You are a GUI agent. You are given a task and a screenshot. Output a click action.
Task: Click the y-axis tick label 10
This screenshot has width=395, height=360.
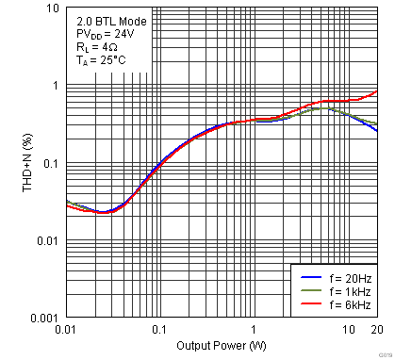tap(52, 8)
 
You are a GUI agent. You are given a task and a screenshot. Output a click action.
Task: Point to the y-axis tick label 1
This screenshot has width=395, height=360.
tap(56, 86)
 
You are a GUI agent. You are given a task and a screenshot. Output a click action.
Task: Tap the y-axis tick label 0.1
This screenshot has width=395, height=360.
tap(51, 164)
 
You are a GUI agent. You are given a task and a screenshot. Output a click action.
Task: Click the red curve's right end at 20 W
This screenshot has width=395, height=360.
tap(377, 91)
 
